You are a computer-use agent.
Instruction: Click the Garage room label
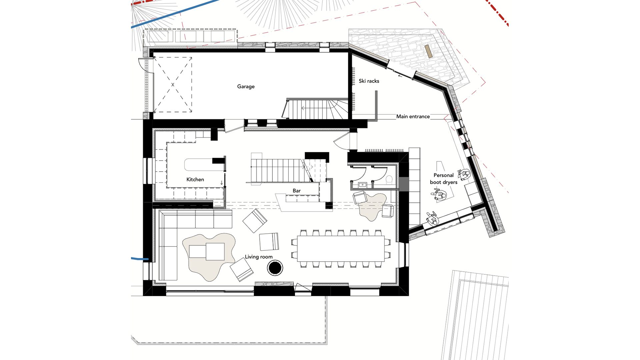coord(246,87)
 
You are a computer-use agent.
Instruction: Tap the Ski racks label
coord(369,81)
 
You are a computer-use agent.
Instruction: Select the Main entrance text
coord(413,116)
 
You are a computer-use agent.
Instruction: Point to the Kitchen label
coord(195,179)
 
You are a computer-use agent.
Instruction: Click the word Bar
coord(297,191)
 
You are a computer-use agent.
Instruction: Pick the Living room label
coord(259,257)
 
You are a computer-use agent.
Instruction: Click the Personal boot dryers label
coord(443,179)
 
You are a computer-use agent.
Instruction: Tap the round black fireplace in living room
coord(275,268)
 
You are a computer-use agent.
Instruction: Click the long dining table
coord(341,249)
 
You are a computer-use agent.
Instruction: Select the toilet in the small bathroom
coord(389,180)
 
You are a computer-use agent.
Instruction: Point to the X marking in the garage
coord(173,85)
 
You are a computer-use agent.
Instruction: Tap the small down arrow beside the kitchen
coord(222,183)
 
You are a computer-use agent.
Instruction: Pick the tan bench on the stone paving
coord(429,51)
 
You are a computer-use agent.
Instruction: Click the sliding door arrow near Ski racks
coord(400,76)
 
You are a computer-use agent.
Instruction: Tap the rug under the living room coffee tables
coord(209,257)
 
